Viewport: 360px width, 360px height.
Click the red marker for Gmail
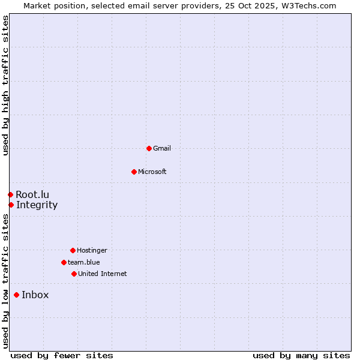(x=149, y=148)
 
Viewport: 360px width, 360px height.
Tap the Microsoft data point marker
(x=134, y=172)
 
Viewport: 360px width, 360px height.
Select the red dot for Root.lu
(x=10, y=194)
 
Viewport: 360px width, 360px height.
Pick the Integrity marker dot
(x=11, y=205)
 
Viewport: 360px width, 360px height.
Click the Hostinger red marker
(x=73, y=250)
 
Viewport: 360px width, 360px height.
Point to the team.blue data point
(x=64, y=262)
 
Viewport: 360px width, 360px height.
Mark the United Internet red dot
(x=74, y=274)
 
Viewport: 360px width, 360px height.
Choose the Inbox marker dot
(x=16, y=295)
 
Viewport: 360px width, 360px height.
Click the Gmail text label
(x=162, y=148)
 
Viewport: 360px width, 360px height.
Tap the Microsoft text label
(x=152, y=172)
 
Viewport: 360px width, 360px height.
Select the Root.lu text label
(x=32, y=194)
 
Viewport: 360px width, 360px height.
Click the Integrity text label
(x=37, y=205)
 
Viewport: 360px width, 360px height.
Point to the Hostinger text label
(x=92, y=250)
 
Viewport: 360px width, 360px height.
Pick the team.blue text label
(x=84, y=262)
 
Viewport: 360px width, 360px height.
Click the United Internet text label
(x=103, y=274)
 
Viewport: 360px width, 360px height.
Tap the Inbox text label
(x=35, y=295)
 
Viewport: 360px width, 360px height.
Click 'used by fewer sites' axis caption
(x=62, y=355)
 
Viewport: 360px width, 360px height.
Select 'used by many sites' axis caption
(x=301, y=355)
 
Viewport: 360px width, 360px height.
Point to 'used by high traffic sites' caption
(x=5, y=85)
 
